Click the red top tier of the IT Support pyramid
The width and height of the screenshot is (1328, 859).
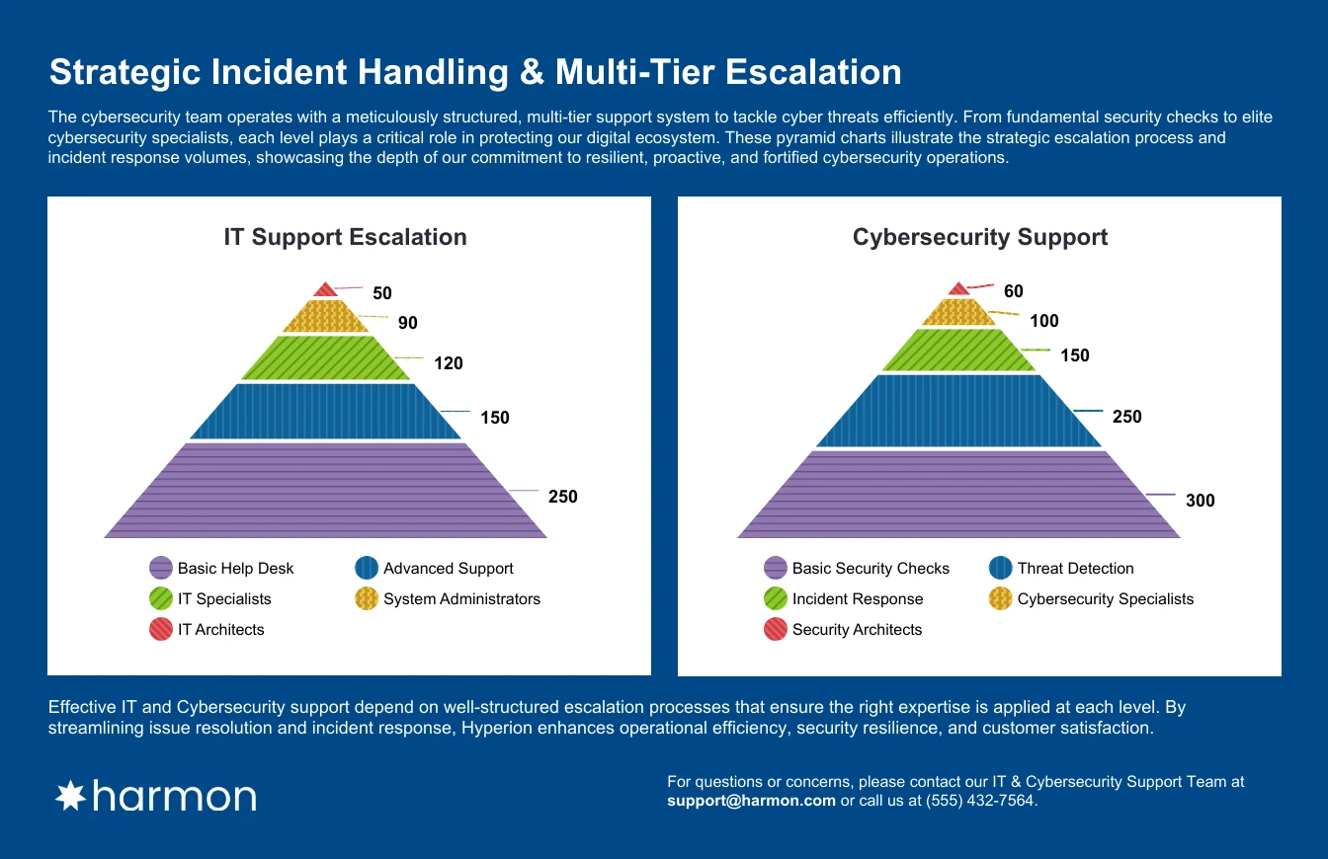pos(325,290)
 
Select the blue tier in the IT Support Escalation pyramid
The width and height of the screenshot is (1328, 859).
pos(325,411)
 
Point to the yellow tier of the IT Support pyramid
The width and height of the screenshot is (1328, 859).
pos(325,317)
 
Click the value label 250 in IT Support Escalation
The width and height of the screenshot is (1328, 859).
pos(562,497)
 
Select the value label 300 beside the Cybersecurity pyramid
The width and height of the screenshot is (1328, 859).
pos(1200,501)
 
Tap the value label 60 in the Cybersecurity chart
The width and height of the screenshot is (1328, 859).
pos(1013,291)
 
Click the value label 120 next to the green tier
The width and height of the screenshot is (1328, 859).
pos(448,363)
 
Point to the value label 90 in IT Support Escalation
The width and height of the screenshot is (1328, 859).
pos(407,323)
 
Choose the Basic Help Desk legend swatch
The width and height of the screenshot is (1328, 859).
pos(161,568)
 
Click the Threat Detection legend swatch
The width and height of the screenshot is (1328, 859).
pos(1000,568)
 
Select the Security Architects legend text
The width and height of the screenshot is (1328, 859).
pos(857,630)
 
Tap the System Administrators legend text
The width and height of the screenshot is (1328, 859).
pos(461,598)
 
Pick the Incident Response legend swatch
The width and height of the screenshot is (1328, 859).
pos(776,598)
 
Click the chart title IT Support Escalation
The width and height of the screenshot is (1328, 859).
pos(345,237)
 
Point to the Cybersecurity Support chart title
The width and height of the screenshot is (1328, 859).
pos(979,237)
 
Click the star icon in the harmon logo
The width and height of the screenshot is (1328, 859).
pos(70,796)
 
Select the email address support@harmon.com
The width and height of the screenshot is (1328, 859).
pos(752,801)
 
